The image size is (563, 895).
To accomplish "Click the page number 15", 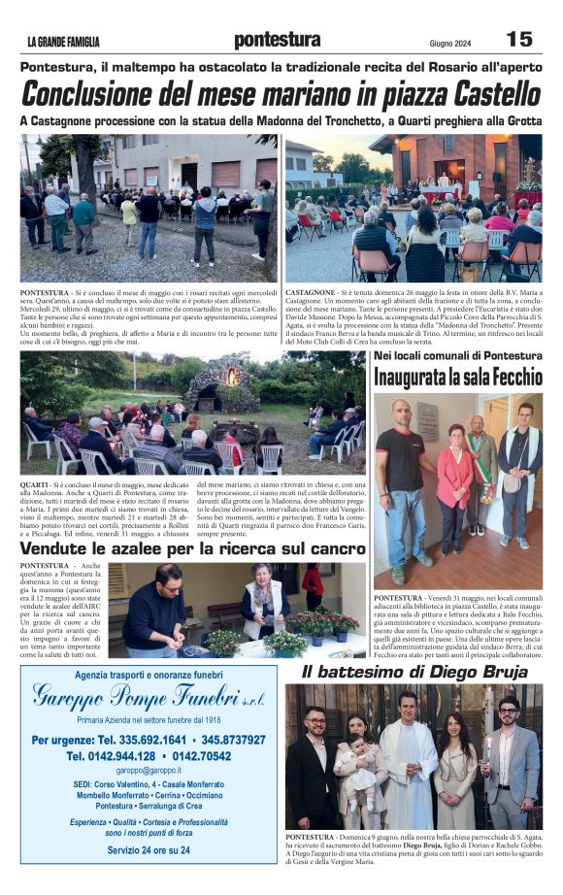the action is (519, 39).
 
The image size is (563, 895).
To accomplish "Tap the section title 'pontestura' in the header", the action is (277, 40).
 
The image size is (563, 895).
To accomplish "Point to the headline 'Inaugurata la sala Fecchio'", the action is (458, 378).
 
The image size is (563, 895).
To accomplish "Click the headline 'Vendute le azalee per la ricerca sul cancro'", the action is (193, 549).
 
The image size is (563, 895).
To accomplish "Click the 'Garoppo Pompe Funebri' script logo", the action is (148, 696).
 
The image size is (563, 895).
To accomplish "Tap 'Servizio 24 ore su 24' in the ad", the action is (148, 849).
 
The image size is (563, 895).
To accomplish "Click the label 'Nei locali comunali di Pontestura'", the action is (458, 356).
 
